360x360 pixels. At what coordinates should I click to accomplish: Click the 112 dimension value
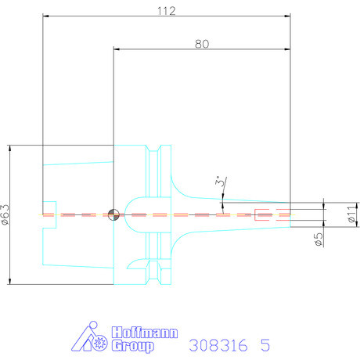click(x=167, y=11)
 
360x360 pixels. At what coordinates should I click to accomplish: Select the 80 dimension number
click(x=202, y=44)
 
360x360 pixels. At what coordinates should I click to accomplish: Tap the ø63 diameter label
click(x=5, y=214)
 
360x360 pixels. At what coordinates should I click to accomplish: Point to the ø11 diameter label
click(x=352, y=214)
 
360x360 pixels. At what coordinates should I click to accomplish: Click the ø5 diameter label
click(x=319, y=239)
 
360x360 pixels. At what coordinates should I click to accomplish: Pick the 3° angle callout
click(x=221, y=182)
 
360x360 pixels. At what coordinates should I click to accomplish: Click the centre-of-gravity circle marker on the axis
click(x=113, y=214)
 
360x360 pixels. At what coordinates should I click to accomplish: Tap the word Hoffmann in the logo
click(x=145, y=333)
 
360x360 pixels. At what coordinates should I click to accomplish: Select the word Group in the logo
click(x=133, y=346)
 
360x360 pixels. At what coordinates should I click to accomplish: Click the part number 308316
click(x=218, y=345)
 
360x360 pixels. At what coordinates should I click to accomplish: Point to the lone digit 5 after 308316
click(x=265, y=345)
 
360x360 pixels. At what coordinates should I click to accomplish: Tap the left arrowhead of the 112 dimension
click(x=46, y=16)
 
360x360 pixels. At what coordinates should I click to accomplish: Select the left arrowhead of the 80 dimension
click(x=117, y=49)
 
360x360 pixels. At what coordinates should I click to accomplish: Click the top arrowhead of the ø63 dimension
click(x=10, y=148)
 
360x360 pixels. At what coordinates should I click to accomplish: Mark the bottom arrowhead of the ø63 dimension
click(x=10, y=281)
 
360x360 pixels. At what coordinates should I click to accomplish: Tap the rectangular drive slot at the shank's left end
click(x=49, y=214)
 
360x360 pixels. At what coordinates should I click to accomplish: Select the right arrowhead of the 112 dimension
click(x=287, y=16)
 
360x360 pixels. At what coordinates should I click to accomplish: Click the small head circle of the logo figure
click(x=93, y=325)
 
